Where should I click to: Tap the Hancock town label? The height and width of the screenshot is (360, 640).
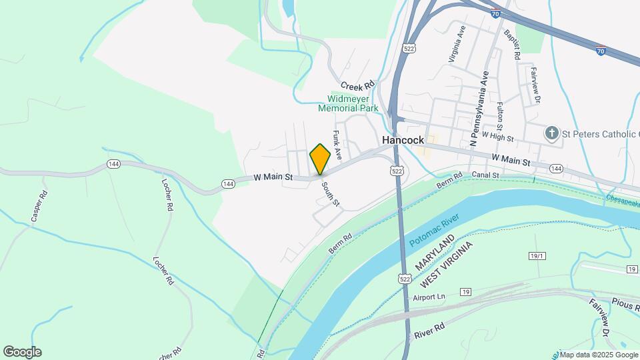click(403, 141)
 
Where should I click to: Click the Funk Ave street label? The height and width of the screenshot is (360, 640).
click(337, 145)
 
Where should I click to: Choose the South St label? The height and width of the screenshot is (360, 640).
click(331, 193)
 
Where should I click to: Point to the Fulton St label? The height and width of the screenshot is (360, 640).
click(500, 117)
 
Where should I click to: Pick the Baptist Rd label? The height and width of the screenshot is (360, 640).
click(512, 45)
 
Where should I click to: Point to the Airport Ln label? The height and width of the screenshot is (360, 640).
click(429, 297)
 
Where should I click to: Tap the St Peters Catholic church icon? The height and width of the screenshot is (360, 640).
click(551, 133)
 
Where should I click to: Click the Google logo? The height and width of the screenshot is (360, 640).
click(22, 352)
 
